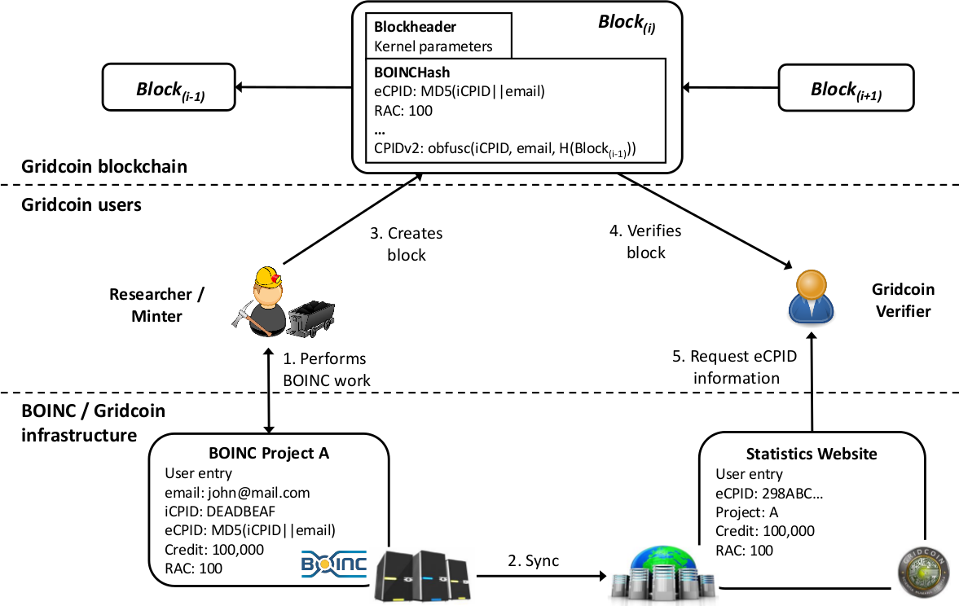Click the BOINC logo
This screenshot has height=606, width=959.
(x=334, y=563)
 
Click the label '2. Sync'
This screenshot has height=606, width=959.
(x=534, y=561)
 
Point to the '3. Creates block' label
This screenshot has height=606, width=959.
(x=407, y=244)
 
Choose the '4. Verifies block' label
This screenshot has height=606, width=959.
(x=646, y=241)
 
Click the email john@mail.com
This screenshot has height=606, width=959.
(x=237, y=493)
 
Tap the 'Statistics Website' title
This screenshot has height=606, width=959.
(x=812, y=454)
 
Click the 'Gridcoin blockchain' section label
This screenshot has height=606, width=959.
(x=104, y=167)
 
